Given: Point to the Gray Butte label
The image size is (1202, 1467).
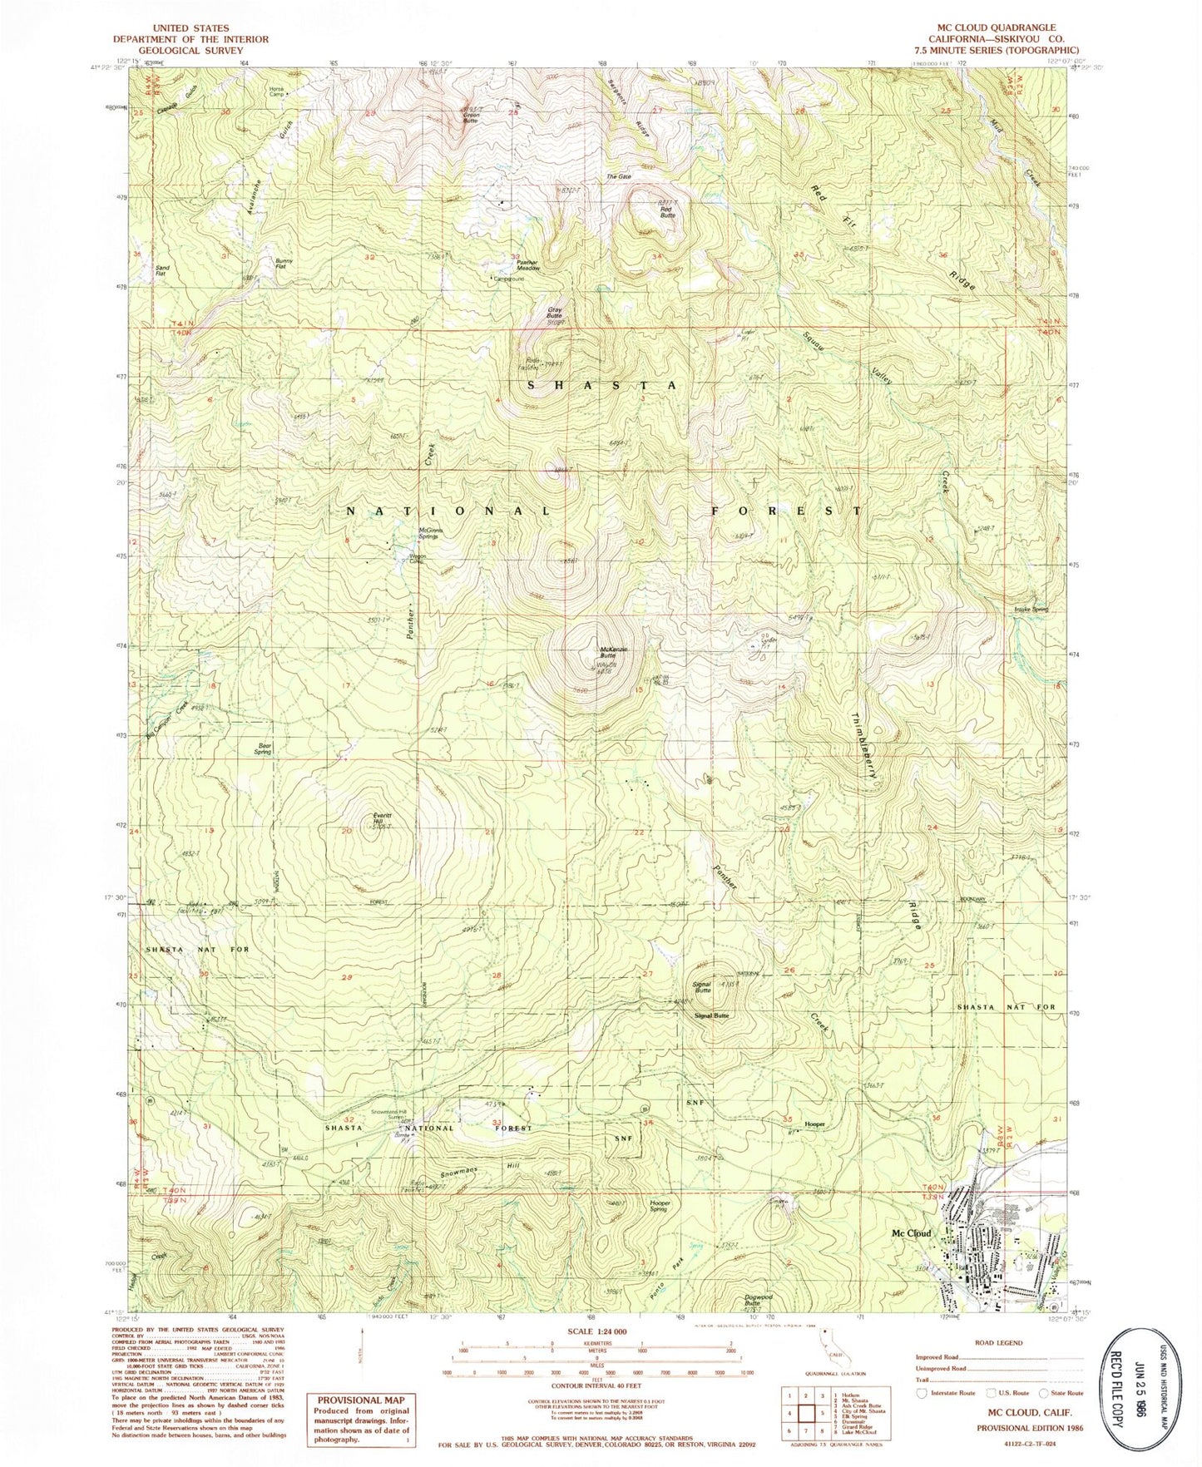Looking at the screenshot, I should point(555,314).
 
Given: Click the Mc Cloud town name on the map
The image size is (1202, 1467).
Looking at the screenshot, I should point(912,1232).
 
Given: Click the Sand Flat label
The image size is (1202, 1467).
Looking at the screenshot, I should point(162,270).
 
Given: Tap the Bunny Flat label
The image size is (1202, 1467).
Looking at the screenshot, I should point(285,264).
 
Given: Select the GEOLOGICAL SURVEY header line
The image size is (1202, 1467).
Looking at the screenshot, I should point(190,51).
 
